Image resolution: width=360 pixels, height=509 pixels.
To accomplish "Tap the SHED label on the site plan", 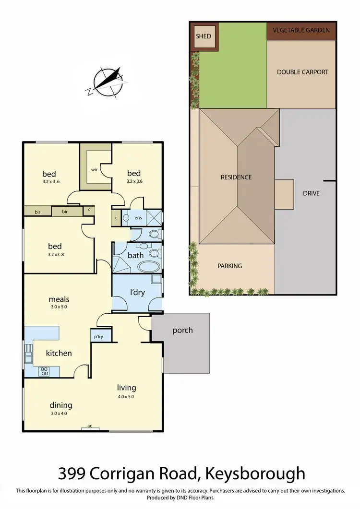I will coord(203,36).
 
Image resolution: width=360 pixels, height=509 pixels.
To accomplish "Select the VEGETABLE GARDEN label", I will coord(301,30).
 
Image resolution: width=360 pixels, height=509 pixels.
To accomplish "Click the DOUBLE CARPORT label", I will coord(302,72).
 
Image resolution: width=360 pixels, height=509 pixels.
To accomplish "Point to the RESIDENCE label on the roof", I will coord(236,177).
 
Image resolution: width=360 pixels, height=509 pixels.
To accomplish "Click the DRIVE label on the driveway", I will coord(311,193).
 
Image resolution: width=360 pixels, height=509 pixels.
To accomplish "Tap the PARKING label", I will coord(229,266).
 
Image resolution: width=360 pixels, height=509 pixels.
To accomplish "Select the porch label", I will coord(182,330).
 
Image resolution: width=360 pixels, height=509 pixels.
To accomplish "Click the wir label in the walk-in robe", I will coord(95,169).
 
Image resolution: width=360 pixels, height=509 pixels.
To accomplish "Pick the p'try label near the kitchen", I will coord(98,337).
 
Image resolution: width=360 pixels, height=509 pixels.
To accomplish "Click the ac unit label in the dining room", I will coord(89,426).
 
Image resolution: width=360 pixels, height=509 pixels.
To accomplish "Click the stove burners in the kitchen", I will coord(44,370).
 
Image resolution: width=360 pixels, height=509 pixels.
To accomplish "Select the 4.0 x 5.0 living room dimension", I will coord(126,396).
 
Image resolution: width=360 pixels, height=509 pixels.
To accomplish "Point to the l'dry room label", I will coord(138,293).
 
